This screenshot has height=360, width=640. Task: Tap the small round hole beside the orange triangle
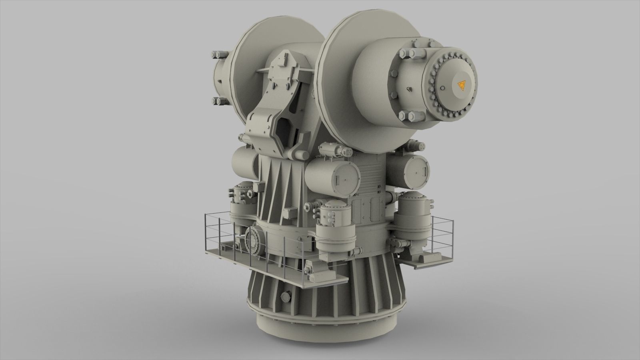pos(442,88)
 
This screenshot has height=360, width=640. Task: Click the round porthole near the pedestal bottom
pos(285,296)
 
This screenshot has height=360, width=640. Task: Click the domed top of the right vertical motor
pos(412,196)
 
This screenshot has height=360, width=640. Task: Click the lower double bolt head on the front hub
pos(411,116)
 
